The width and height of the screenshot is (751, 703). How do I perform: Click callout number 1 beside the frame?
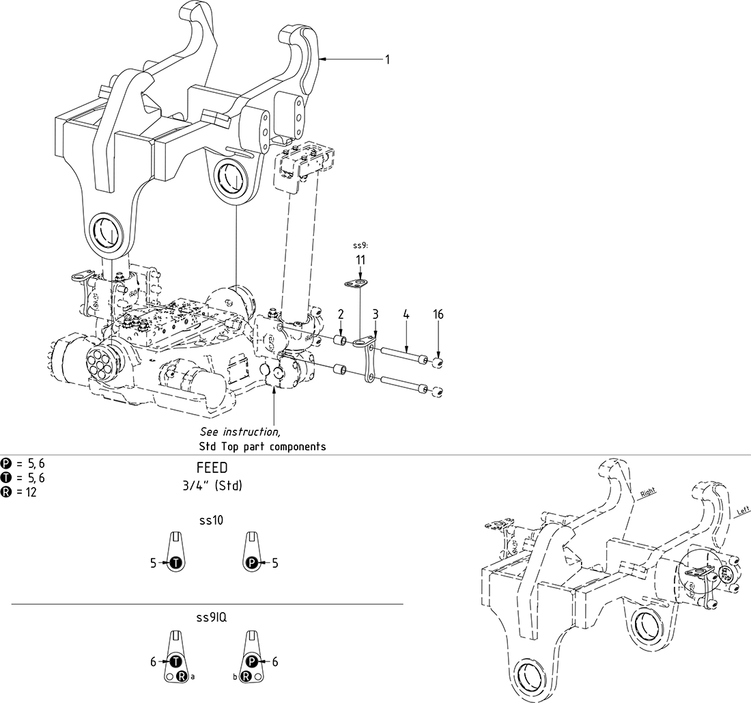click(x=387, y=60)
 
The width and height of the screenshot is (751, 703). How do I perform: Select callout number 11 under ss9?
click(x=360, y=260)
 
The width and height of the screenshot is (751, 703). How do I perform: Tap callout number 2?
click(x=340, y=314)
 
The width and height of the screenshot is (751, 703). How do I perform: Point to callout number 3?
click(x=375, y=314)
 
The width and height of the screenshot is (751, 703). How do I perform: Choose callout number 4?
click(x=406, y=314)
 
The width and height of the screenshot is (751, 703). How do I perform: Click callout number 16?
click(x=438, y=314)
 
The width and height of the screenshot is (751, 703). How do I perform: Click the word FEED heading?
click(x=211, y=469)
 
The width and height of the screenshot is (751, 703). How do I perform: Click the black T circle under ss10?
click(x=175, y=564)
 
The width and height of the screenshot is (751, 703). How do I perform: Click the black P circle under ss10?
click(x=252, y=564)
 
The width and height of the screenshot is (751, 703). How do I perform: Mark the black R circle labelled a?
click(x=182, y=676)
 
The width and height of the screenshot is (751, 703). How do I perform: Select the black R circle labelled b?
click(x=246, y=676)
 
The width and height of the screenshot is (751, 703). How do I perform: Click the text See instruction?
click(x=240, y=432)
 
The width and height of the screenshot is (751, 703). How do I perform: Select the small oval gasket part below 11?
click(x=356, y=284)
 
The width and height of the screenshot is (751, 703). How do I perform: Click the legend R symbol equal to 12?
click(x=6, y=491)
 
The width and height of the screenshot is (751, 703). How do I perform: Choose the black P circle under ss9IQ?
click(x=252, y=661)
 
